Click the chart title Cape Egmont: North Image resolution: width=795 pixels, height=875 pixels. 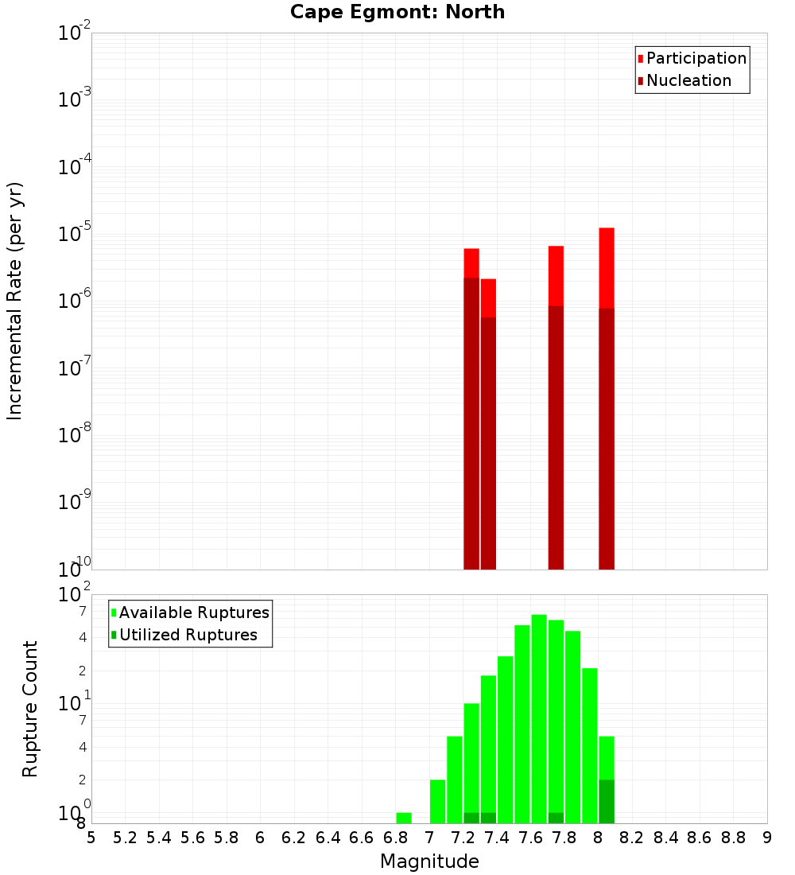point(397,12)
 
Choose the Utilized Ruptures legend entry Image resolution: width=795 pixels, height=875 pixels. point(188,635)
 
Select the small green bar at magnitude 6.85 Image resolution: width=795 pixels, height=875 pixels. point(404,818)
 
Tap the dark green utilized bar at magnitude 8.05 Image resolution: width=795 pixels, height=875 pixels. point(607,801)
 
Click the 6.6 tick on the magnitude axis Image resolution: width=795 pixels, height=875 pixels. point(362,837)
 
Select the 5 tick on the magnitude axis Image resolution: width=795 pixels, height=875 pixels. point(91,837)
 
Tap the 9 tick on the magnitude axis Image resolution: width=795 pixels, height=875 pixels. point(767,837)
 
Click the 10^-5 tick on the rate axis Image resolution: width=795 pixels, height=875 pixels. point(75,234)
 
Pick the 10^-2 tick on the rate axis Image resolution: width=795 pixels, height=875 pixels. point(75,33)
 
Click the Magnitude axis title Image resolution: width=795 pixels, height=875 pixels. point(429,861)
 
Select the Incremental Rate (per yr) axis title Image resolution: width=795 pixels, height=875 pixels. point(15,301)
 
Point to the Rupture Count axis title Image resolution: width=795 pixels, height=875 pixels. point(30,709)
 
